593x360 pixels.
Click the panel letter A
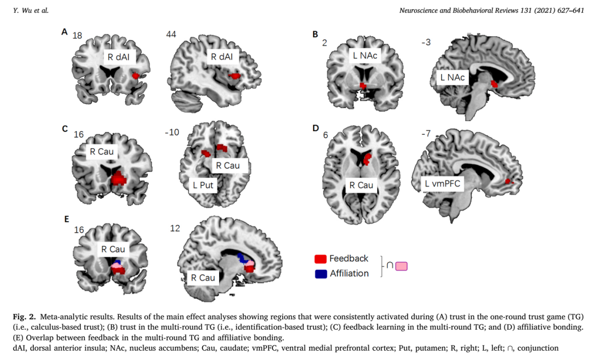tap(65, 32)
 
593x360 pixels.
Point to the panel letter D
tap(315, 127)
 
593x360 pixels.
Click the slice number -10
tap(171, 133)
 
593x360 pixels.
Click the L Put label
tap(203, 185)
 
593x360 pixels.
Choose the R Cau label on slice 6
tap(361, 185)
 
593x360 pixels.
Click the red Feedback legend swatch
tap(321, 259)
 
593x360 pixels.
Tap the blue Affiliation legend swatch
tap(321, 274)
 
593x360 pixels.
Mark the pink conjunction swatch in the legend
tap(401, 266)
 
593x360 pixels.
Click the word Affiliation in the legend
tap(349, 273)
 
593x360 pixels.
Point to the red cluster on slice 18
tap(136, 75)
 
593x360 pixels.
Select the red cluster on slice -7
tap(509, 181)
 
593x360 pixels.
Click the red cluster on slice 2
tap(363, 86)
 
